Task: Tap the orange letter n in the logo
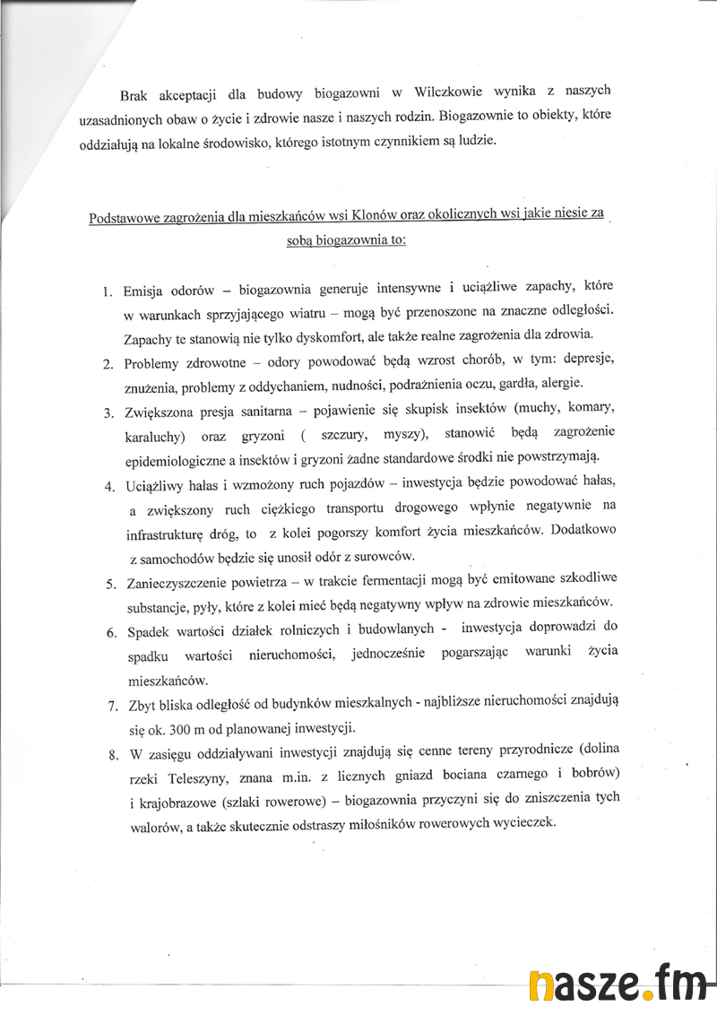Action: click(x=541, y=987)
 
